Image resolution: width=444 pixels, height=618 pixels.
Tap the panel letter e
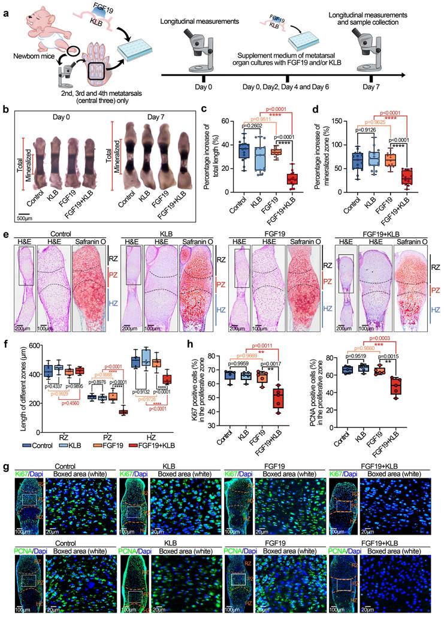(x=5, y=237)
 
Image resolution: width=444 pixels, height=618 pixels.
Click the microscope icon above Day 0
(x=205, y=50)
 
